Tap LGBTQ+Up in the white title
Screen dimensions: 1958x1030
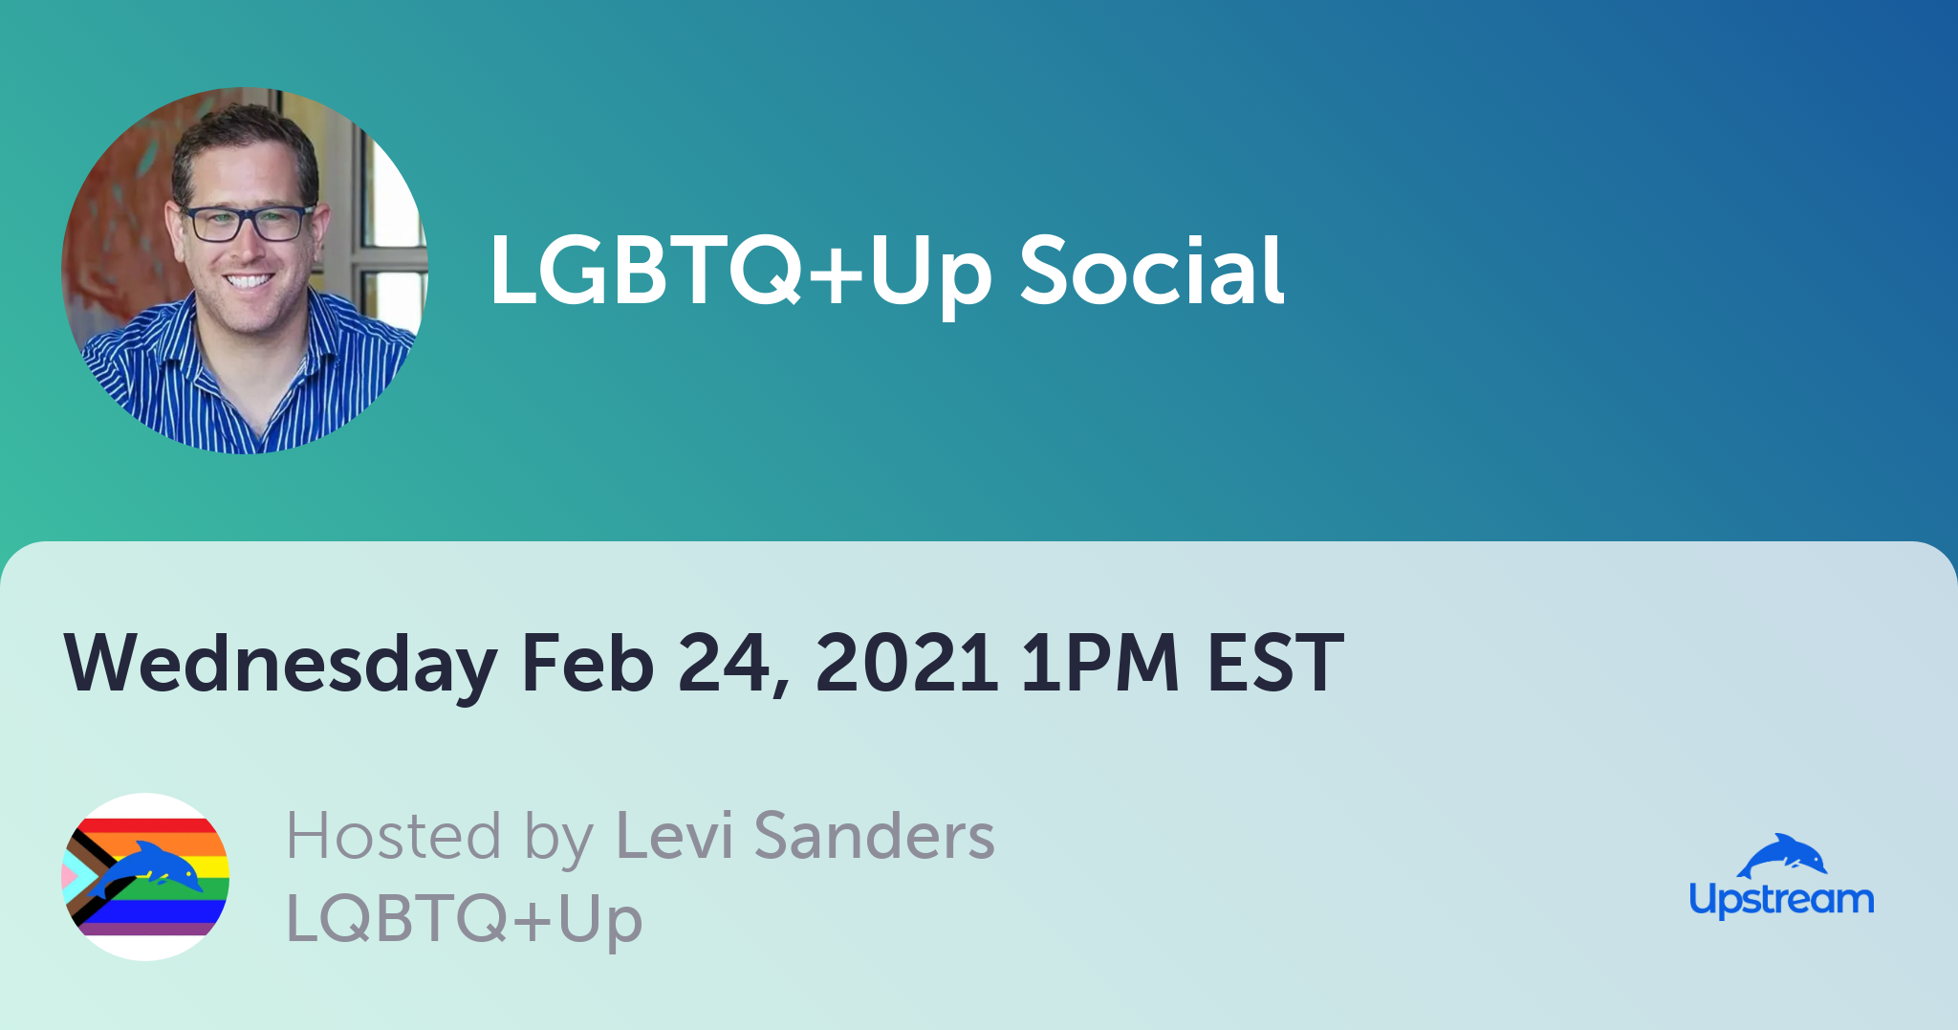click(740, 274)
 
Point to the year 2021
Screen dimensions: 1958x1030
click(906, 662)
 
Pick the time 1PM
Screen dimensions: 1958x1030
click(1099, 662)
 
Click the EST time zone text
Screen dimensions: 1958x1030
click(1275, 662)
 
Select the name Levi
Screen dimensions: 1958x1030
click(674, 835)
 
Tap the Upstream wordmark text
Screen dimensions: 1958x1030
click(1781, 900)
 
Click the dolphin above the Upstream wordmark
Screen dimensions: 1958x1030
click(1782, 856)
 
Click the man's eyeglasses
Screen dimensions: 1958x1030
click(247, 223)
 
